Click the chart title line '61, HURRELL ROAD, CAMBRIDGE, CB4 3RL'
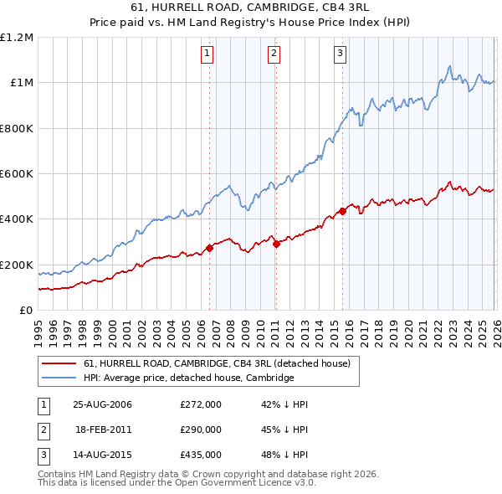250,7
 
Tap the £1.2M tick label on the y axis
17,38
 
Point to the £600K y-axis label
17,174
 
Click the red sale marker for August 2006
210,248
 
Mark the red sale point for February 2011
276,244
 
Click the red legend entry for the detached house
222,363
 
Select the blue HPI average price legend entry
188,378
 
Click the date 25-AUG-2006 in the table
103,404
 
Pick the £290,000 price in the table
201,430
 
